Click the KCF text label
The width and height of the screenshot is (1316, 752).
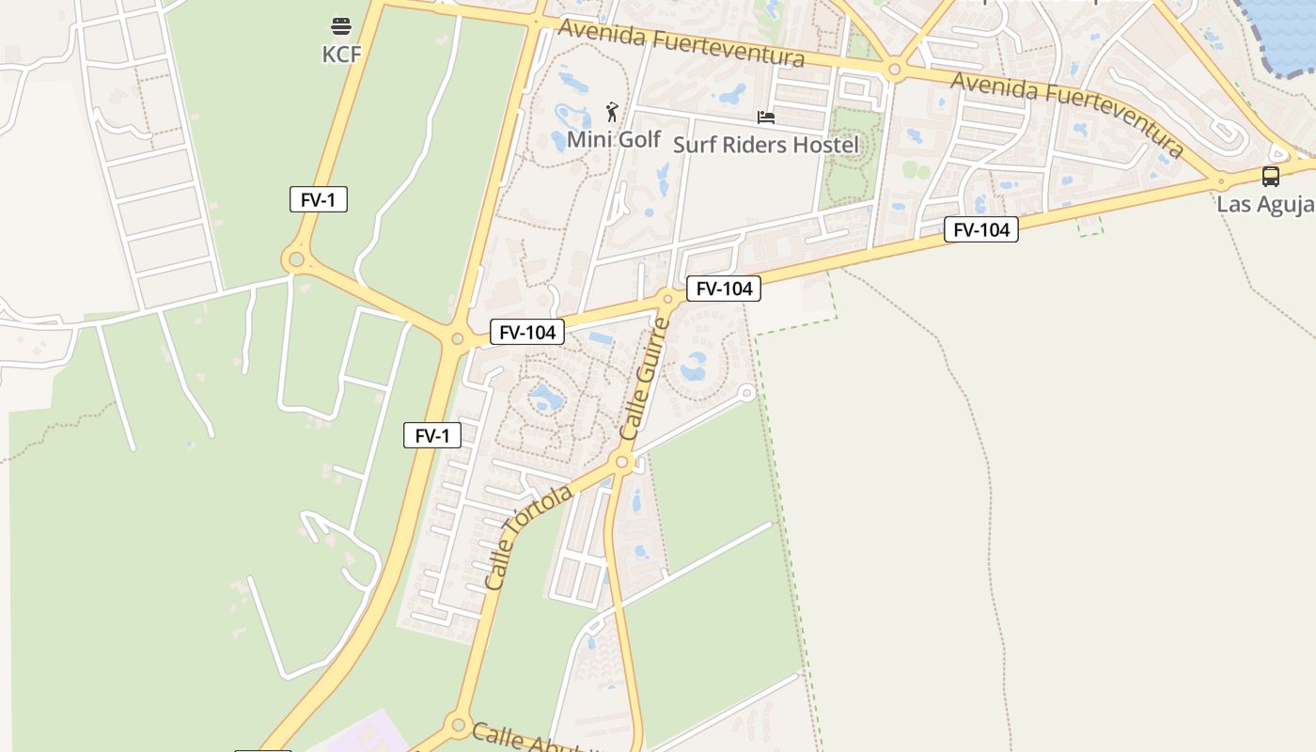click(x=341, y=54)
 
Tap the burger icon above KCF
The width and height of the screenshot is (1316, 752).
click(x=341, y=25)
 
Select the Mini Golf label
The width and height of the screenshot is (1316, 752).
click(x=614, y=139)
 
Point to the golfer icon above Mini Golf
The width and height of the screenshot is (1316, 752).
click(x=613, y=113)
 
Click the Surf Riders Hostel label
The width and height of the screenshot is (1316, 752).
click(x=766, y=145)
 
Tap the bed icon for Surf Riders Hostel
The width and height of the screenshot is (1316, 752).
click(x=766, y=117)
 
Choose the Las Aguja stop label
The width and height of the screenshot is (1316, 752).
click(x=1265, y=204)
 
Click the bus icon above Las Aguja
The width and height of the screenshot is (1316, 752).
click(x=1270, y=176)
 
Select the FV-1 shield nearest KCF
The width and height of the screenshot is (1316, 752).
click(x=319, y=199)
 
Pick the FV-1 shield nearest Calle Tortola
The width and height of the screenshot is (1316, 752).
click(x=432, y=435)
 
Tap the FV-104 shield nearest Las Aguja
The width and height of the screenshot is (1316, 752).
click(x=981, y=229)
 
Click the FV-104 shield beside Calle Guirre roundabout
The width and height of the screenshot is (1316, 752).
click(x=723, y=289)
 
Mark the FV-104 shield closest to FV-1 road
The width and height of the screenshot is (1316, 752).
click(x=526, y=332)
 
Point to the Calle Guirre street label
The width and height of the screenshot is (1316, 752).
click(x=645, y=379)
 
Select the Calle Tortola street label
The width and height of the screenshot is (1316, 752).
click(x=528, y=537)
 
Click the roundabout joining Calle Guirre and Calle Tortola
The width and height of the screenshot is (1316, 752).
click(x=620, y=462)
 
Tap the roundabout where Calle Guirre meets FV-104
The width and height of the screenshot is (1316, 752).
click(x=668, y=299)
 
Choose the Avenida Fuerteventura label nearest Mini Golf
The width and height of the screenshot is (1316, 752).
click(x=681, y=44)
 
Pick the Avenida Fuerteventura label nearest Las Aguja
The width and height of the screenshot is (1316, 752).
click(x=1067, y=113)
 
